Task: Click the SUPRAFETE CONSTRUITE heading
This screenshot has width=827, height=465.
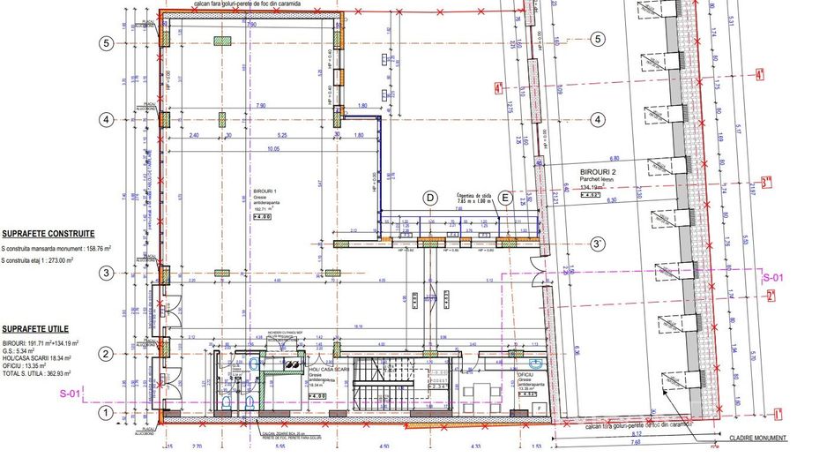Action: [x=48, y=235]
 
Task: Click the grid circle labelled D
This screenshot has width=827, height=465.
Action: [x=430, y=198]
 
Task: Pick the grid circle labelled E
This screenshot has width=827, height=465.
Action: [x=504, y=198]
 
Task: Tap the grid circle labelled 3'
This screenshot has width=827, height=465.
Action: [x=598, y=244]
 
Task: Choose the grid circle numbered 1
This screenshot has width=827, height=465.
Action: [x=107, y=412]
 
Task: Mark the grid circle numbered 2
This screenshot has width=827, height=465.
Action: [x=107, y=355]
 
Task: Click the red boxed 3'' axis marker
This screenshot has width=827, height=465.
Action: [x=767, y=184]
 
